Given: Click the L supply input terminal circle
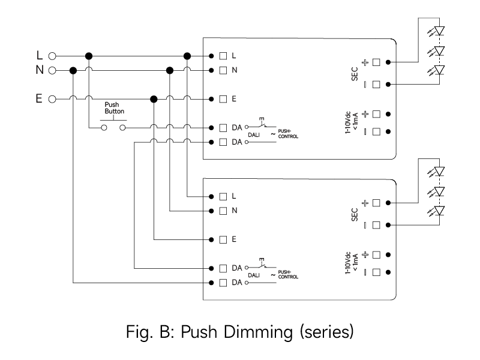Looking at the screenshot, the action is point(52,56).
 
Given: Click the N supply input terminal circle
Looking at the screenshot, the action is point(52,71).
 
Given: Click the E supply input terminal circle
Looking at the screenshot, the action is point(52,99).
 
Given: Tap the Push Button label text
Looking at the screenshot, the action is point(115,108).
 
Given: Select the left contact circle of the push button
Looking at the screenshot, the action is point(104,128).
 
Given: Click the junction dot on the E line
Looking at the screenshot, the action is point(154,99).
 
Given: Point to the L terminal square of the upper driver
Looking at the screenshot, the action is point(223,56).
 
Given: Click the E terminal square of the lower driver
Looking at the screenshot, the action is point(223,239).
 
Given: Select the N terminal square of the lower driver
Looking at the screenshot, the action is point(223,211).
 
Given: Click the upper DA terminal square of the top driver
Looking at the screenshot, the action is point(223,128).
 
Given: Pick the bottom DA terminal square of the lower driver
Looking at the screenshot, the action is point(223,283).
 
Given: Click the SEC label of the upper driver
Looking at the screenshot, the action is point(355,74).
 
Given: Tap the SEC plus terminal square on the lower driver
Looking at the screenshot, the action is point(376,203).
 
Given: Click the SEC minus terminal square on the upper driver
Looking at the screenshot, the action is point(376,85).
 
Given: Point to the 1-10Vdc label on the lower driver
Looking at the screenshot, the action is point(348,263).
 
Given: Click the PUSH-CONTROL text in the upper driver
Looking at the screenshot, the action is point(288,134).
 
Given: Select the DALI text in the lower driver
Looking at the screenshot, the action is point(254,275).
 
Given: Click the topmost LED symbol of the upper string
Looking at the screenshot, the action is point(436,31).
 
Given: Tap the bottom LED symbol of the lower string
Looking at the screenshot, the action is point(436,211).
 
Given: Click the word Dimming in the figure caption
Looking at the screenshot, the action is point(259,332).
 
